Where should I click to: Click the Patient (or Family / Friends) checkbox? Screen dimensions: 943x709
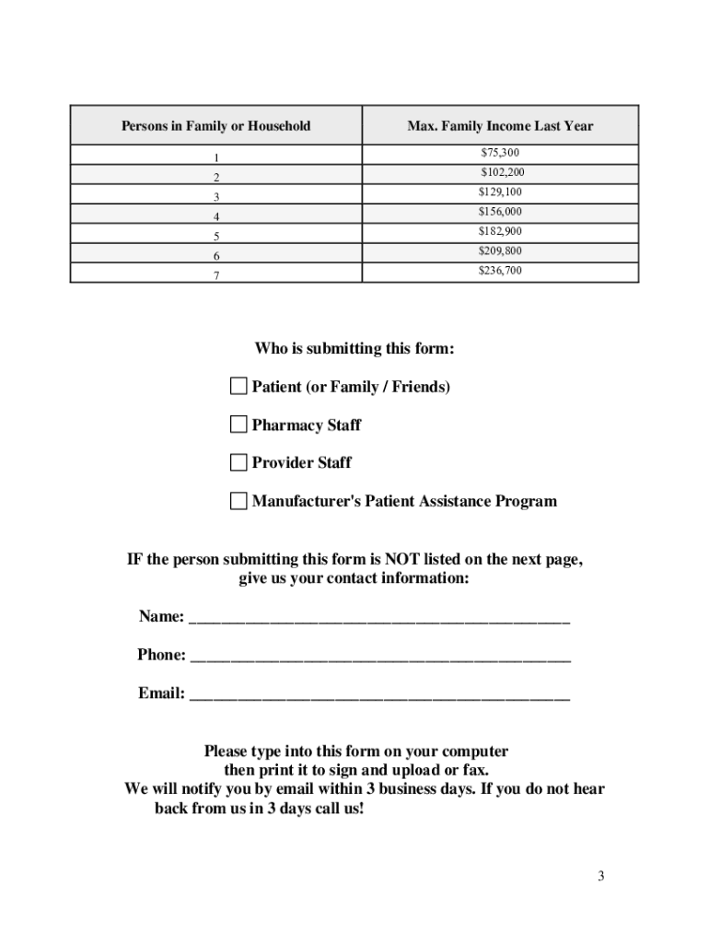[x=238, y=387]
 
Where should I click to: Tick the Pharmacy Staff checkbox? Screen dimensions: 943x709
[x=238, y=425]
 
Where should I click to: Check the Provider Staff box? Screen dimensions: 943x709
[x=238, y=462]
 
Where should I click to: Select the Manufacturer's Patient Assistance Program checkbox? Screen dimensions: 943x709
[x=238, y=501]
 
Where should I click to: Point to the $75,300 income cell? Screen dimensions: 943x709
[x=500, y=152]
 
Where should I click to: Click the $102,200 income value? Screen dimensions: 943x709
[x=503, y=172]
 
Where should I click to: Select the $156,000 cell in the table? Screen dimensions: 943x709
[x=500, y=212]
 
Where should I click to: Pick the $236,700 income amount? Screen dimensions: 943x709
[x=500, y=271]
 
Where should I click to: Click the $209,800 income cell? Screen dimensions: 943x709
[x=500, y=250]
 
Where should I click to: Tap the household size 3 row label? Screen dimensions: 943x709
[x=216, y=197]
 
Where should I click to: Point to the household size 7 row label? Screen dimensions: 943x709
[x=216, y=275]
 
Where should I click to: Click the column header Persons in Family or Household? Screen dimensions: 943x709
[x=215, y=126]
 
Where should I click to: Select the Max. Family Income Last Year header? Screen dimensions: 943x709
[x=500, y=126]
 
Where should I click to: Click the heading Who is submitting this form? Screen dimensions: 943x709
[x=354, y=349]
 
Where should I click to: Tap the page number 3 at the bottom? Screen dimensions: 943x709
[x=600, y=876]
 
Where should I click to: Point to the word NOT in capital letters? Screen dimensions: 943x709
[x=401, y=560]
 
